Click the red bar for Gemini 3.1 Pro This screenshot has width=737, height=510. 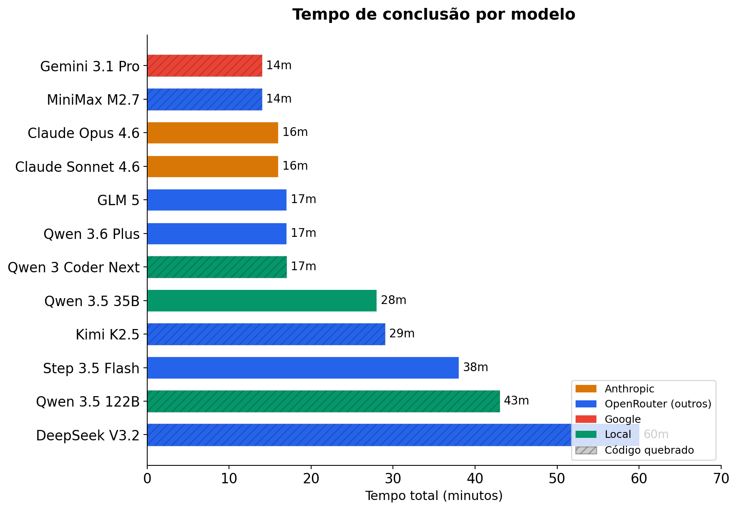tap(204, 65)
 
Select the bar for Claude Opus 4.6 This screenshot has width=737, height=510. tap(213, 133)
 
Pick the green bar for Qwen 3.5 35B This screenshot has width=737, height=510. tap(262, 301)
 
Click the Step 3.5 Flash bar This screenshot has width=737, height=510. tap(303, 368)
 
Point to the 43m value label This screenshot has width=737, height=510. tap(516, 401)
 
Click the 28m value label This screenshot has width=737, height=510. tap(393, 300)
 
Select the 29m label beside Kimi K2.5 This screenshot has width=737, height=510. tap(402, 334)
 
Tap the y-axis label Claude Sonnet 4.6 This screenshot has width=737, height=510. tap(77, 167)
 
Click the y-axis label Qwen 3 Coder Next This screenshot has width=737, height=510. tap(73, 267)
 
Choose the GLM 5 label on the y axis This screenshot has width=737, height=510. tap(118, 200)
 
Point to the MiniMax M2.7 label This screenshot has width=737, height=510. tap(93, 100)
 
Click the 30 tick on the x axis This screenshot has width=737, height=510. tap(393, 478)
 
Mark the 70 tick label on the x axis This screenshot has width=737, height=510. tap(721, 478)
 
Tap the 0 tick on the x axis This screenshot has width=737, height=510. tap(147, 478)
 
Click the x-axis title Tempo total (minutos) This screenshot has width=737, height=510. tap(434, 496)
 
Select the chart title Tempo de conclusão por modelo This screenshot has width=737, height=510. tap(434, 15)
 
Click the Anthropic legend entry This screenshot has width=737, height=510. tap(629, 389)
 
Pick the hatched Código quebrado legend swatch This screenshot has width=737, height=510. tap(586, 450)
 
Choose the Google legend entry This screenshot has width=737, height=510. tap(622, 419)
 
